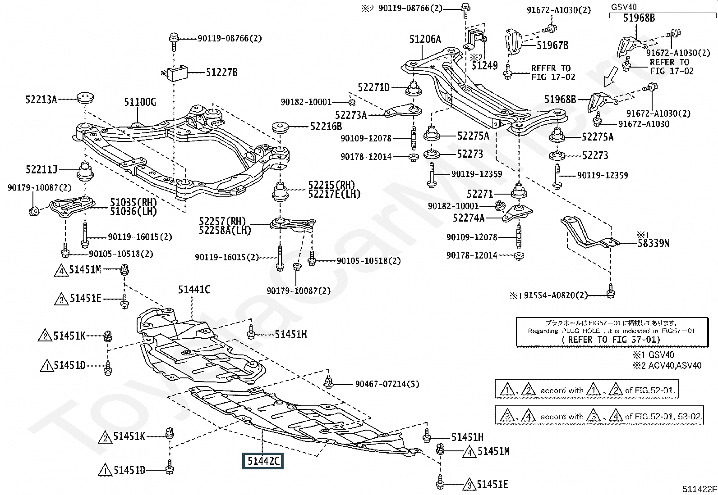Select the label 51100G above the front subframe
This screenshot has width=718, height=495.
pyautogui.click(x=140, y=103)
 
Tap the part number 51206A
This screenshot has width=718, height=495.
pyautogui.click(x=425, y=40)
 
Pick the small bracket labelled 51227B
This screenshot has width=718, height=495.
pyautogui.click(x=175, y=72)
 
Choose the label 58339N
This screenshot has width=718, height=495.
pyautogui.click(x=653, y=244)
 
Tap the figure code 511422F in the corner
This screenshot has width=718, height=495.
pyautogui.click(x=699, y=489)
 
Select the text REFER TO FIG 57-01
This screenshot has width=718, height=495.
pyautogui.click(x=611, y=340)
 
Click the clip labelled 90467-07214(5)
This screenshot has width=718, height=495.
pyautogui.click(x=329, y=383)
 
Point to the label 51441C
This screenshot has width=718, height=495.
pyautogui.click(x=194, y=290)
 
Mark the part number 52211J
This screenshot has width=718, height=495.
pyautogui.click(x=41, y=170)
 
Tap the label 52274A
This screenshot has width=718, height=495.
pyautogui.click(x=469, y=218)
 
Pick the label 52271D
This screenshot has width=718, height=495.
pyautogui.click(x=373, y=87)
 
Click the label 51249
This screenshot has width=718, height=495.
pyautogui.click(x=484, y=66)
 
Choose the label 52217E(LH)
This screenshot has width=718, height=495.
pyautogui.click(x=334, y=194)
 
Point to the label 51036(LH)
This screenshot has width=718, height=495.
pyautogui.click(x=133, y=211)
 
